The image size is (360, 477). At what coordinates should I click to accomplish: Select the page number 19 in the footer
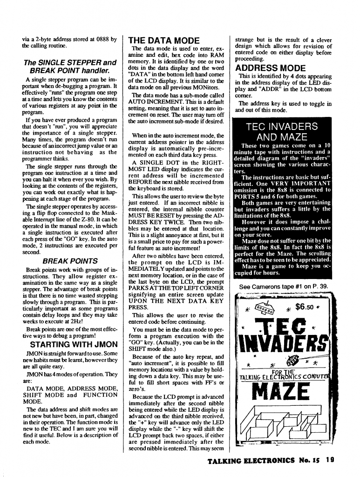click(x=330, y=460)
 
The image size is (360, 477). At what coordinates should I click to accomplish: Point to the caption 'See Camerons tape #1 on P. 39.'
click(x=283, y=286)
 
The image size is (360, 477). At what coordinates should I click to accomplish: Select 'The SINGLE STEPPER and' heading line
click(x=69, y=62)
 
